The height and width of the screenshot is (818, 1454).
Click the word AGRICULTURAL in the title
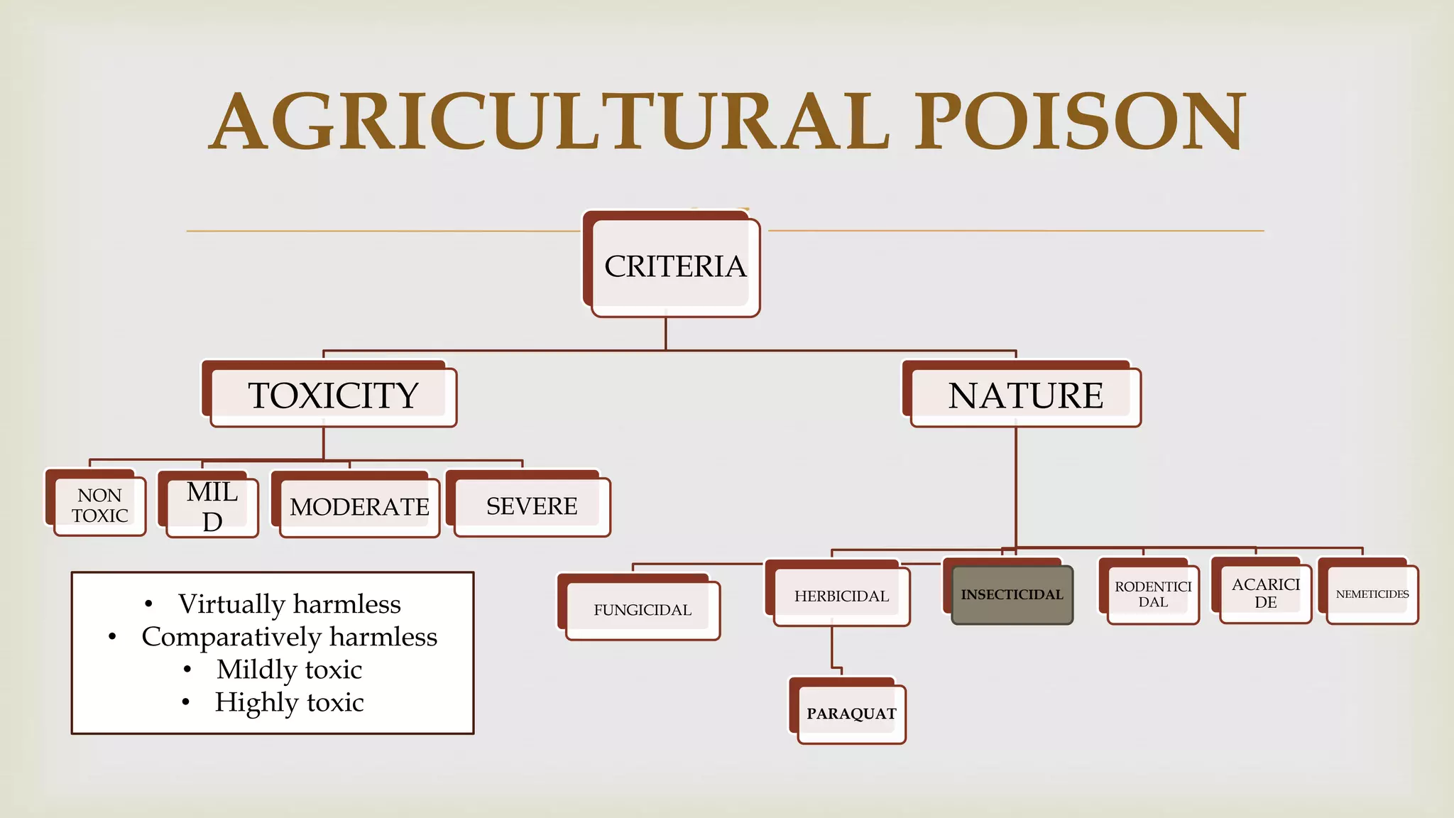pos(550,122)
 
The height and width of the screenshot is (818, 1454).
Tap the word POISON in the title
pos(1079,122)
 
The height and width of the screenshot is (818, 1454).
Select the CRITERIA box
pos(674,266)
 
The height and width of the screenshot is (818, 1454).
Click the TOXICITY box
pos(333,396)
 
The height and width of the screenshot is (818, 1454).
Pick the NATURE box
pos(1025,396)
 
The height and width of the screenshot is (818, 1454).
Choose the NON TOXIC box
pos(99,506)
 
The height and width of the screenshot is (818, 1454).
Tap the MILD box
pos(212,506)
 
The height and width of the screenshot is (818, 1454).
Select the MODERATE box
pos(359,506)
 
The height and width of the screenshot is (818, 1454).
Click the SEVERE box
pos(532,506)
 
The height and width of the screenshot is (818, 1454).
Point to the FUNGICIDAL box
pos(643,610)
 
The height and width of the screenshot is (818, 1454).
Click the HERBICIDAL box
pos(841,596)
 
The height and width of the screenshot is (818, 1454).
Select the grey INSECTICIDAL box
pos(1012,595)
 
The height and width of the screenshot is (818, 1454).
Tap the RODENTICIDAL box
pos(1153,594)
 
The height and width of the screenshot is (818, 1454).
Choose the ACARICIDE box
pos(1265,593)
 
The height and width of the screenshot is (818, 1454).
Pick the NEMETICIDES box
pos(1372,594)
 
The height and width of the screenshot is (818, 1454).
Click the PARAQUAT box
pos(851,714)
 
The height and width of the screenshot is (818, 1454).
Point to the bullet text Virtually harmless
pos(289,604)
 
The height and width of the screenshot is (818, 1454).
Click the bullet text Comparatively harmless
pos(289,637)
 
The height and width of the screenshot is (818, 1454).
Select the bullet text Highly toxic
pos(289,702)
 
